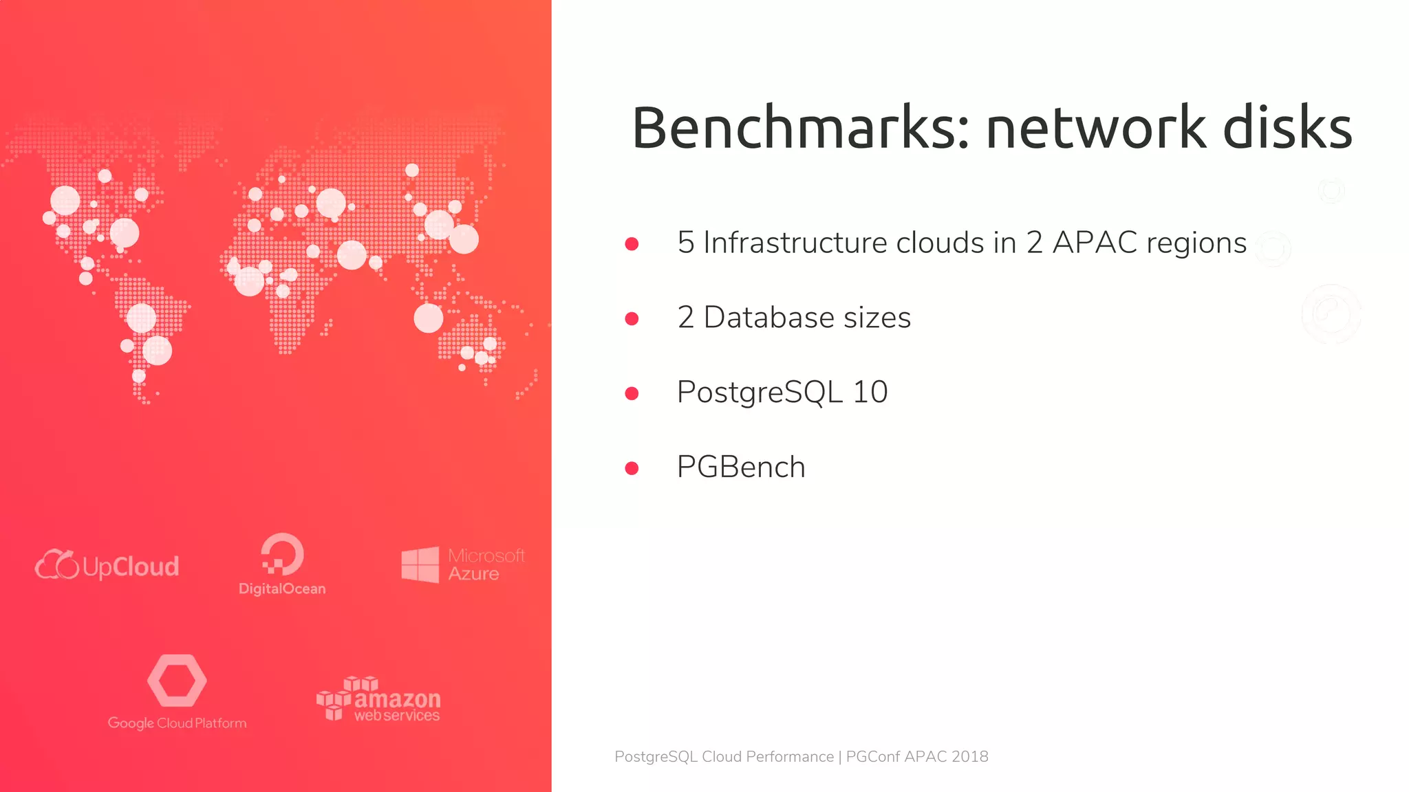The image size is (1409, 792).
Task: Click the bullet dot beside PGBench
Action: pos(632,468)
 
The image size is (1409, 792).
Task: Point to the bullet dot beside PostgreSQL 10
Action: pos(632,393)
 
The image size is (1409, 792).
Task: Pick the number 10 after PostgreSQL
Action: pos(870,393)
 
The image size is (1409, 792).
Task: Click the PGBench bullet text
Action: pos(741,467)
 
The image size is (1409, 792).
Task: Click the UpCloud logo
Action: pos(107,566)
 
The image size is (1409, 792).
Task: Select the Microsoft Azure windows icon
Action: pos(420,565)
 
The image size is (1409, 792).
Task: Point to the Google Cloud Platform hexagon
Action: pos(177,681)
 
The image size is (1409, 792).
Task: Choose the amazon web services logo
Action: pos(378,699)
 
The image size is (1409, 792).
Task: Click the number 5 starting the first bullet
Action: pos(685,243)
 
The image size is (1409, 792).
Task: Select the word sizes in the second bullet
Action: pos(877,318)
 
